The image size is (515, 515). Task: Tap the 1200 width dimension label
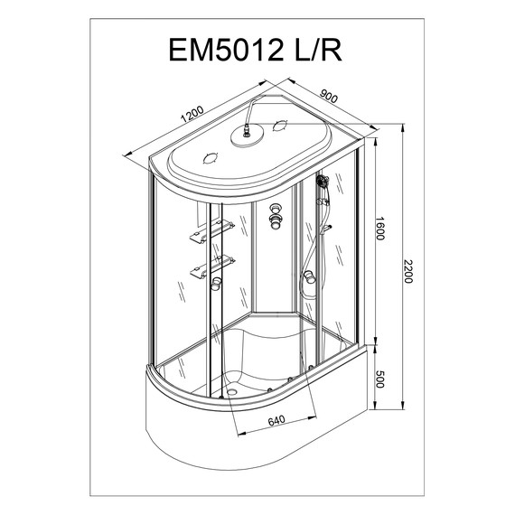tap(192, 117)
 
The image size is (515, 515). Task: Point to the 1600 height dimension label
tap(383, 232)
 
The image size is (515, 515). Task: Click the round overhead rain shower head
tap(245, 137)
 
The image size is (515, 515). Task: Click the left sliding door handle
tap(217, 286)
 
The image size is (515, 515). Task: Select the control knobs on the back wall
tap(276, 216)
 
